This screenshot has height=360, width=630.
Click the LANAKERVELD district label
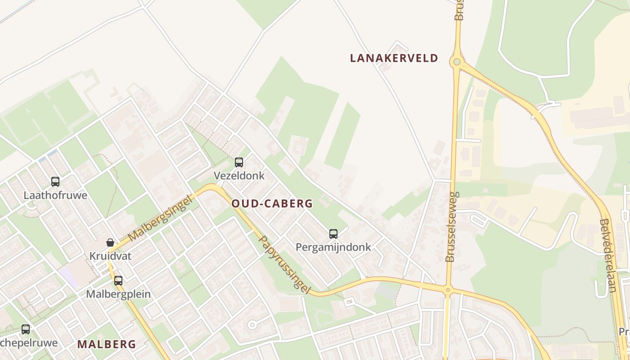[394, 58]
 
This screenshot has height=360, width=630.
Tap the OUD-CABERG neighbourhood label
[272, 203]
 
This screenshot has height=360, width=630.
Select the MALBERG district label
[106, 344]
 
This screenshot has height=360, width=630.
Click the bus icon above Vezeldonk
[239, 162]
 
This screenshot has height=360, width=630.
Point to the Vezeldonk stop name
[239, 175]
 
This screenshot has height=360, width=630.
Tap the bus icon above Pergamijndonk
[333, 234]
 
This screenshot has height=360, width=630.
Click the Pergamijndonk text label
[333, 247]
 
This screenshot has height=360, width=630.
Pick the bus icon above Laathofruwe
[55, 182]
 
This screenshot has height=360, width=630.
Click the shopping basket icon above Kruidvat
[110, 243]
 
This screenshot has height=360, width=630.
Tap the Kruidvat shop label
[110, 256]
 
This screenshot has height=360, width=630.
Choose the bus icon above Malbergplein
[118, 281]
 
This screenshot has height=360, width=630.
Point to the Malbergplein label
[118, 294]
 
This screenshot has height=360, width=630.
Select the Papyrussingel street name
[284, 265]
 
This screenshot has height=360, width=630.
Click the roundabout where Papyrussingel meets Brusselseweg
[447, 290]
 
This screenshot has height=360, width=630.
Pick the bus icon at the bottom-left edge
[26, 329]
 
